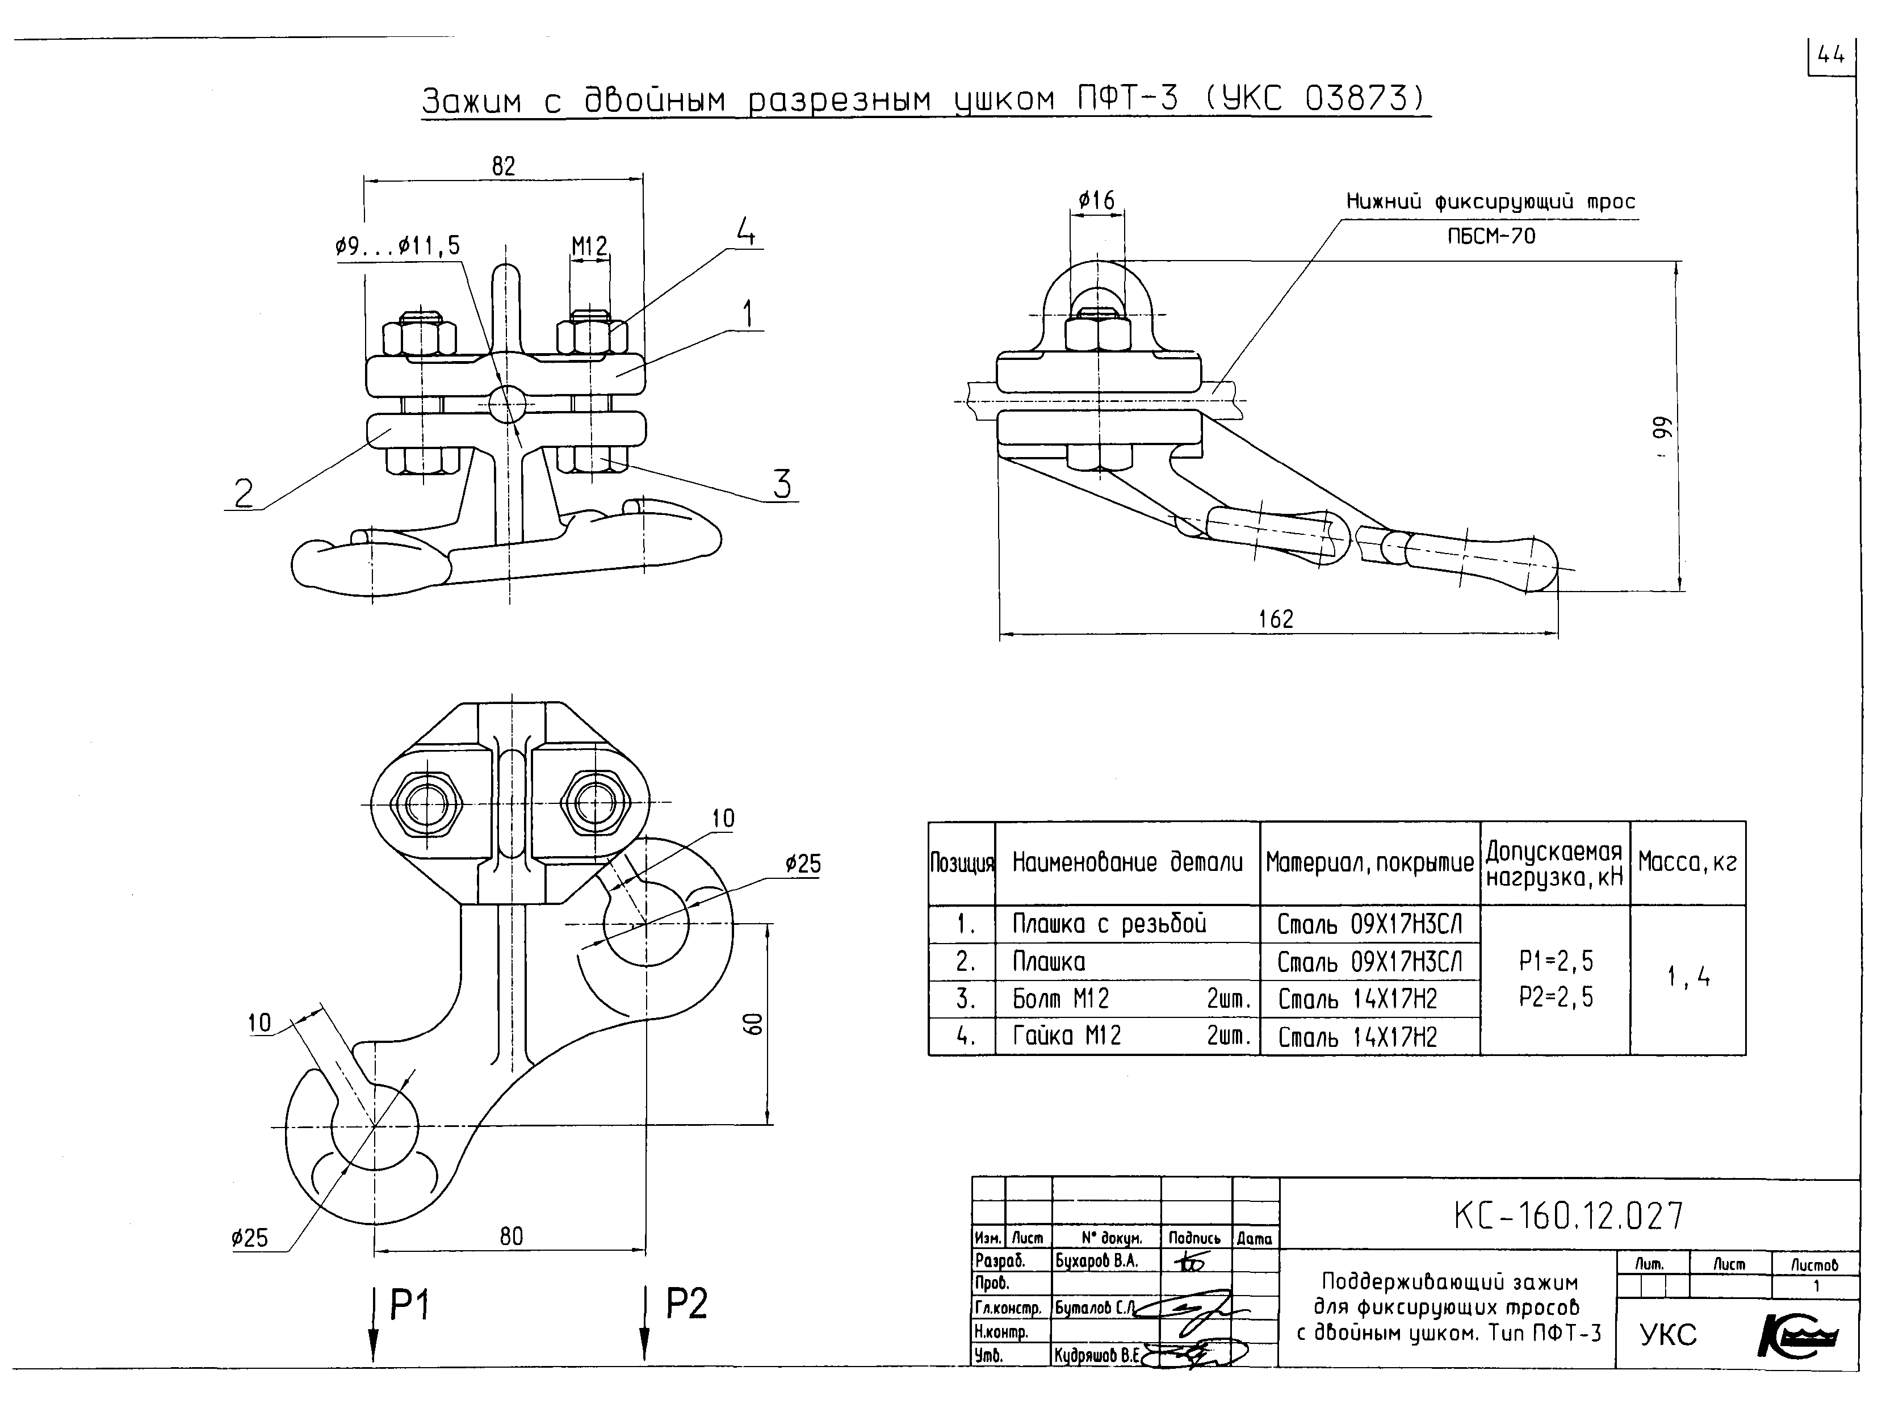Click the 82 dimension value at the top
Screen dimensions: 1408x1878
click(504, 166)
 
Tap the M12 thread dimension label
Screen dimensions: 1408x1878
click(589, 247)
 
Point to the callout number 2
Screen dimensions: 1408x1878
click(244, 493)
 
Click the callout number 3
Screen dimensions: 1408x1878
click(782, 484)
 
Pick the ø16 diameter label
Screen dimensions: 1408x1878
click(1096, 201)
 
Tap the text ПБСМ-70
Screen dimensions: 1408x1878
click(1492, 236)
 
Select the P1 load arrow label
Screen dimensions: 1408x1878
click(410, 1305)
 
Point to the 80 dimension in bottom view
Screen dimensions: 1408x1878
click(511, 1237)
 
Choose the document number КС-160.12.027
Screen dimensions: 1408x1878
click(1567, 1216)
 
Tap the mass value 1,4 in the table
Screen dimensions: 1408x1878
click(1688, 978)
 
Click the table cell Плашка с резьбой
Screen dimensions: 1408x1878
click(1109, 924)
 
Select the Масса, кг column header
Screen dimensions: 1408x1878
click(1687, 863)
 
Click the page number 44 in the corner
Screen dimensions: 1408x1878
click(1831, 56)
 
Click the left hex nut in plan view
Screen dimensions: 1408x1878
click(426, 803)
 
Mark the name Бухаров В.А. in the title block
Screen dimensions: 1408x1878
click(1096, 1261)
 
